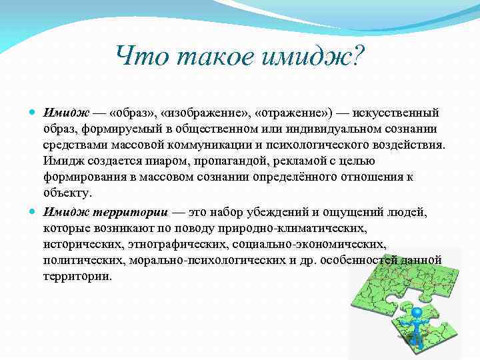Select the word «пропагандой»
click(197, 161)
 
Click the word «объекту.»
click(66, 193)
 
